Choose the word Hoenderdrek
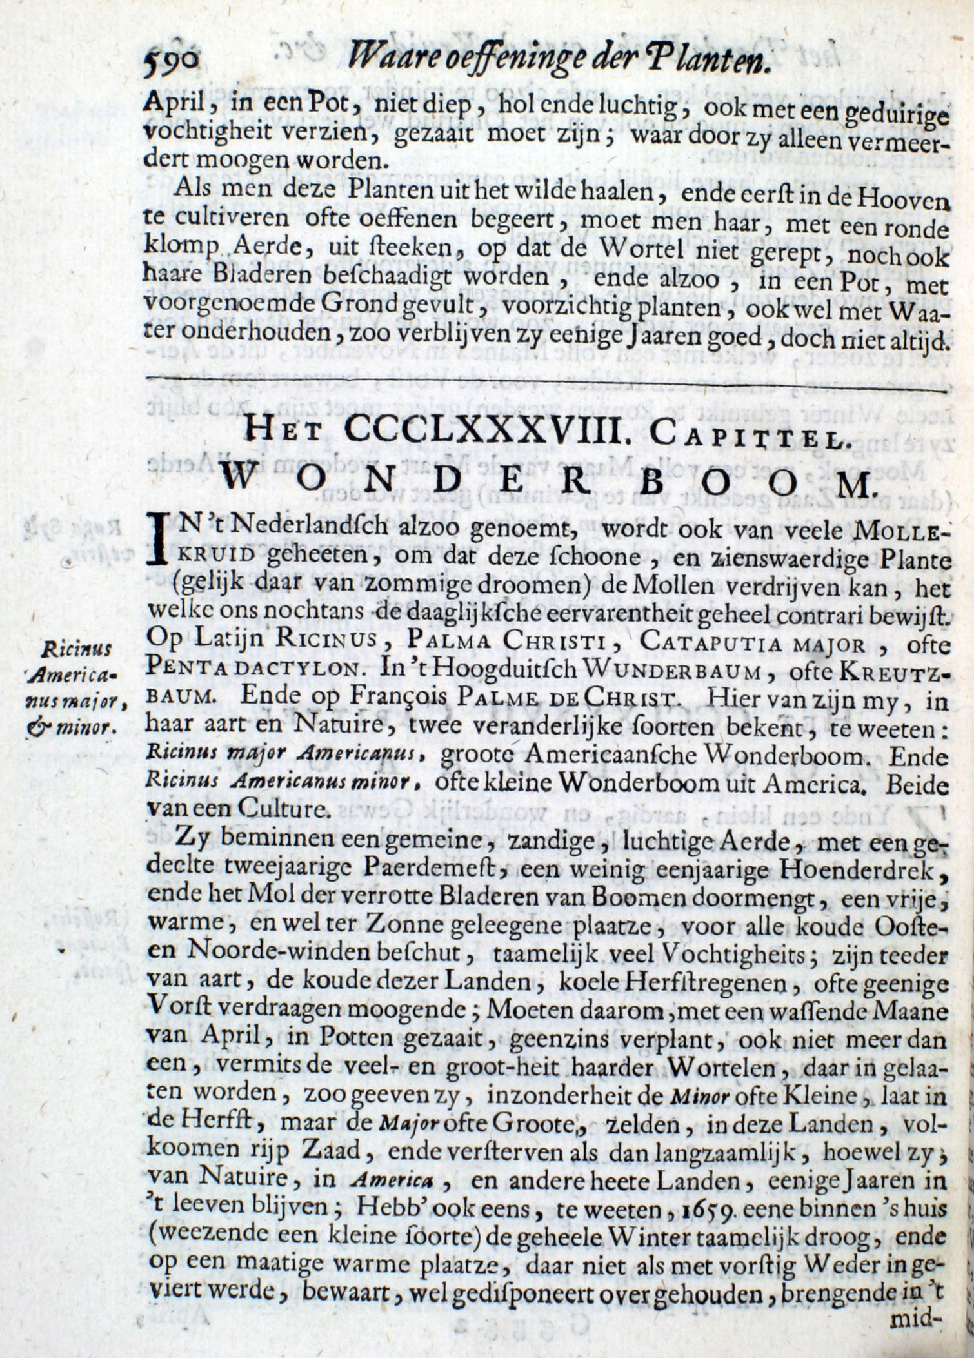click(864, 871)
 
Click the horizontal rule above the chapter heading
click(545, 389)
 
